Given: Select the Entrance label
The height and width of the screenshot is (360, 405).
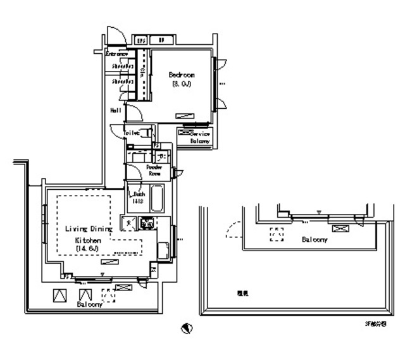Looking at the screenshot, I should [x=117, y=54].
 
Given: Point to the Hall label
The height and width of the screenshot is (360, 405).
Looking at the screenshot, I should [x=116, y=110].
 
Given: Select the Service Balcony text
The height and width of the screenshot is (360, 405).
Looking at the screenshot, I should [x=201, y=137].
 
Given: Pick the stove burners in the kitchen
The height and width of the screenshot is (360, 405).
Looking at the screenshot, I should [x=147, y=223].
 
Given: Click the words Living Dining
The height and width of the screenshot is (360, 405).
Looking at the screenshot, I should [x=89, y=229].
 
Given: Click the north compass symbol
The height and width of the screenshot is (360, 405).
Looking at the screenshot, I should [x=187, y=328].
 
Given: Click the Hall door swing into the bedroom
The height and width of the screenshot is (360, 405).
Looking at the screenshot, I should [x=134, y=113].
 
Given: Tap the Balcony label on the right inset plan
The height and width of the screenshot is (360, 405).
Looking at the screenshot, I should [x=314, y=241].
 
